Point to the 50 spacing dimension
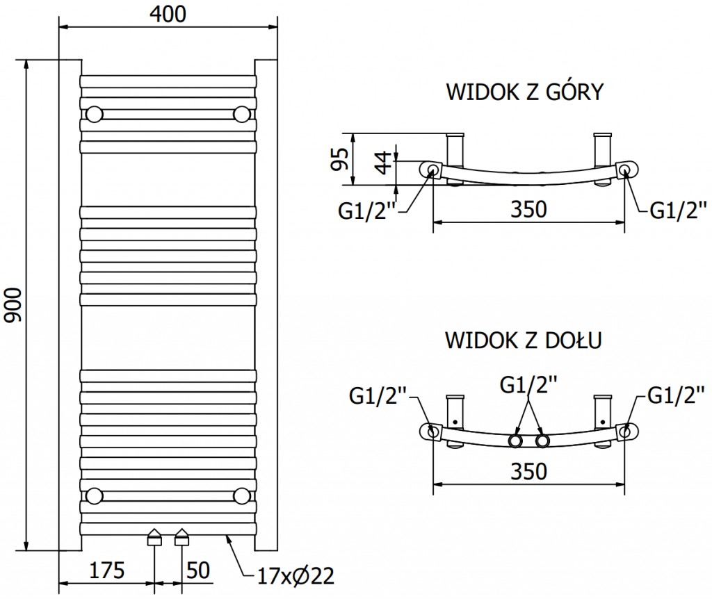point(198,571)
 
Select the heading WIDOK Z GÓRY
point(524,92)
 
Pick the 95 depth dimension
point(339,159)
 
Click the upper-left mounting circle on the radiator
point(95,113)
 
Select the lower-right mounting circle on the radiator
point(242,495)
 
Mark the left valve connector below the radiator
point(154,537)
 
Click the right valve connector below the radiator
point(182,537)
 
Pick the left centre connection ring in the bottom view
point(516,441)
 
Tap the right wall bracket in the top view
point(602,147)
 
